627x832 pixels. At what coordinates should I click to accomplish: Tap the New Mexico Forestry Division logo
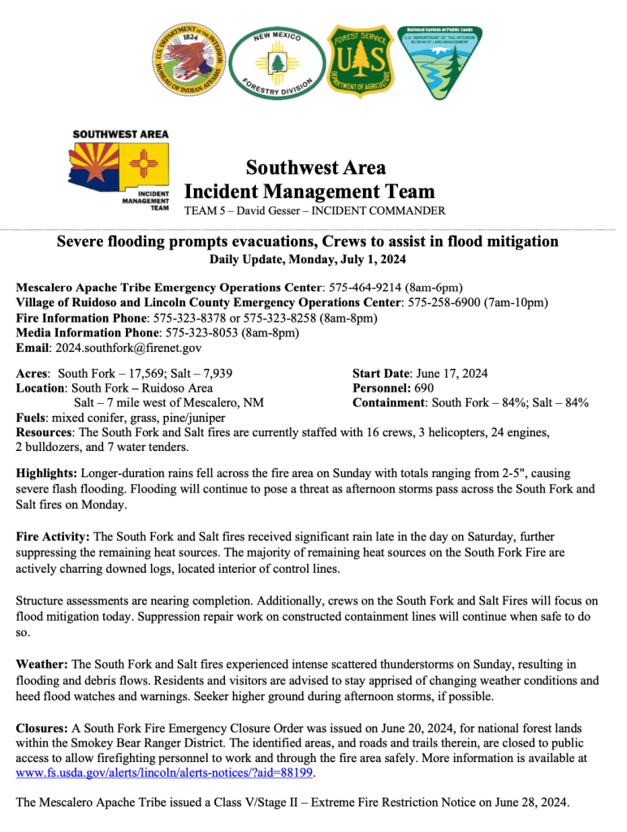coord(277,63)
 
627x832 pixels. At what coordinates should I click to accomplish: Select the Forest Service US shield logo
coord(361,61)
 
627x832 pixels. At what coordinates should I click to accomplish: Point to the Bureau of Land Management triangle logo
coord(443,62)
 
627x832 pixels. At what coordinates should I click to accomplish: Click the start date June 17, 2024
coord(452,373)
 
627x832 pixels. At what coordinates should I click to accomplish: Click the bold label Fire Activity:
coord(54,537)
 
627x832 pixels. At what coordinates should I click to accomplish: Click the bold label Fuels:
coord(32,418)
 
